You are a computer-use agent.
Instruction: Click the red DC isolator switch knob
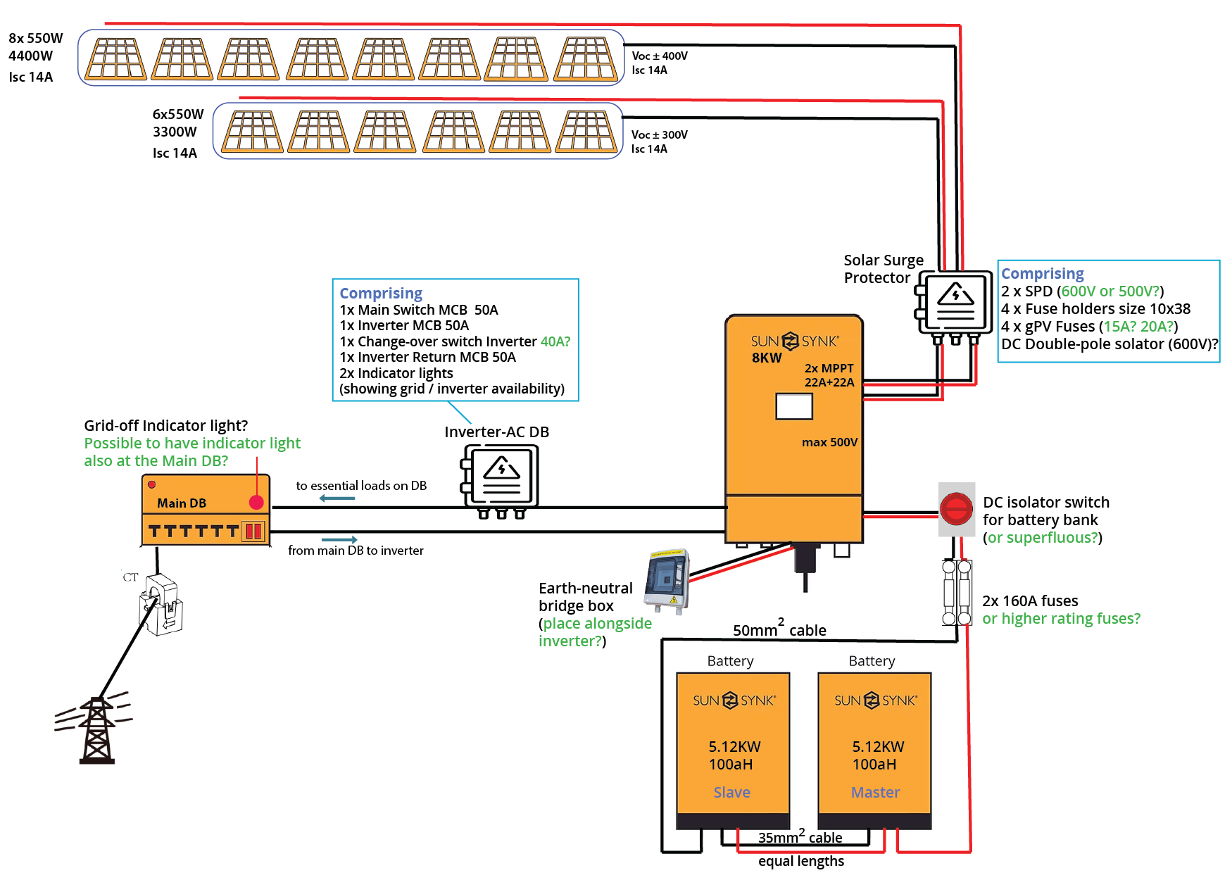pos(956,509)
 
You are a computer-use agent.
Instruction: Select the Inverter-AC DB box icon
pos(501,477)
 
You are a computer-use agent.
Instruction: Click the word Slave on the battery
pos(731,793)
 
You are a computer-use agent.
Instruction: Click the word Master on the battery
pos(875,793)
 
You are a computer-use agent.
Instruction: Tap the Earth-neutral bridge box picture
pos(667,581)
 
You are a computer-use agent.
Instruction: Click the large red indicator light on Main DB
pos(256,502)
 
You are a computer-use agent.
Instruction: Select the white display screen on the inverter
pos(793,406)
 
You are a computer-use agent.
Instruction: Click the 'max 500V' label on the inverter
pos(829,442)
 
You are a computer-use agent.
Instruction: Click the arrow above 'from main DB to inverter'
pos(339,539)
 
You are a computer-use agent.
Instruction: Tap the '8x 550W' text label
pos(36,38)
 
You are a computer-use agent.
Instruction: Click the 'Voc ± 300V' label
pos(659,134)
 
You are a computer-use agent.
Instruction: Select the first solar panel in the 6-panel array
pos(252,132)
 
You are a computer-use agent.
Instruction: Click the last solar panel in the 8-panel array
pos(585,59)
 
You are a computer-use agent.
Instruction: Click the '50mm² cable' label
pos(779,629)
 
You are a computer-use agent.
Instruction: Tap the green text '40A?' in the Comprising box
pos(555,341)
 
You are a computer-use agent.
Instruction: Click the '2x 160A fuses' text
pos(1030,601)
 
